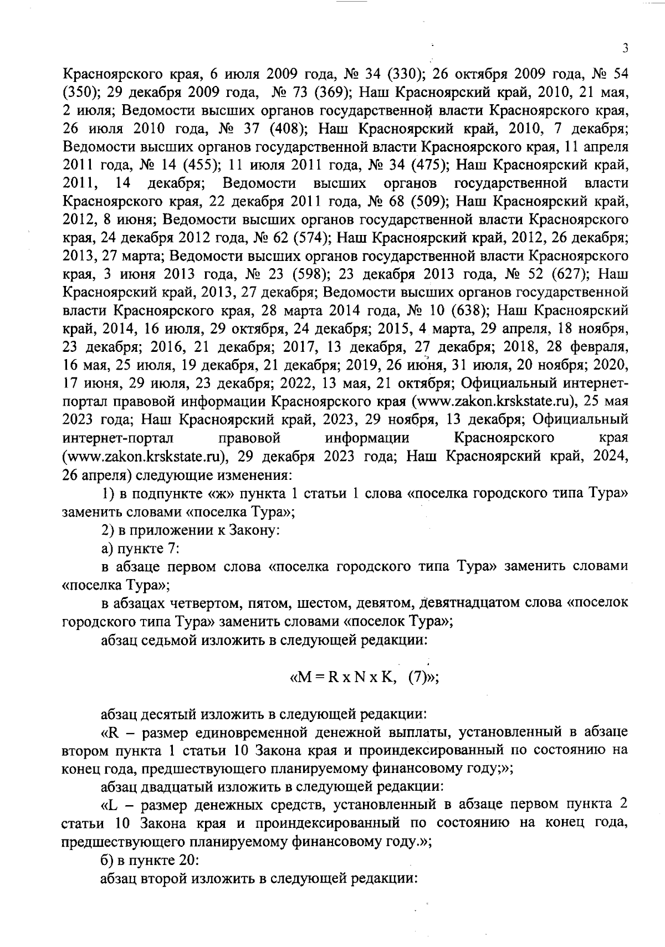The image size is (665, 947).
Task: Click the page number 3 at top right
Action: [625, 48]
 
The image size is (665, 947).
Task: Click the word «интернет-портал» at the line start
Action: [119, 438]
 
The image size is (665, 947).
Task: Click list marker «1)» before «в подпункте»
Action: [109, 494]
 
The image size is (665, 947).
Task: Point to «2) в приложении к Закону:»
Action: [191, 530]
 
